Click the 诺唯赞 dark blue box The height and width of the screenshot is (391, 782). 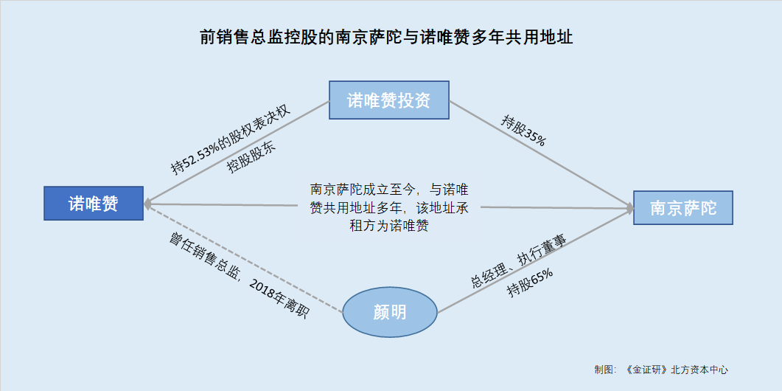coord(94,203)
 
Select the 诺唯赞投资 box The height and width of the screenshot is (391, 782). coord(389,100)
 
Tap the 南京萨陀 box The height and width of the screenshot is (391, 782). coord(682,207)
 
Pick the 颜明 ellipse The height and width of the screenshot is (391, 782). coord(390,313)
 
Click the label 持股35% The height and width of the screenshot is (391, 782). coord(523,131)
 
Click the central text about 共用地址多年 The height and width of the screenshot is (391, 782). coord(389,207)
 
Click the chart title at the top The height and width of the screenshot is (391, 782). coord(386,37)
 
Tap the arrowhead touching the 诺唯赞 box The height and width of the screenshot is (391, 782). coord(147,204)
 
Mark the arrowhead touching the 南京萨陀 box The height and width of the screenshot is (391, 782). coord(629,208)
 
